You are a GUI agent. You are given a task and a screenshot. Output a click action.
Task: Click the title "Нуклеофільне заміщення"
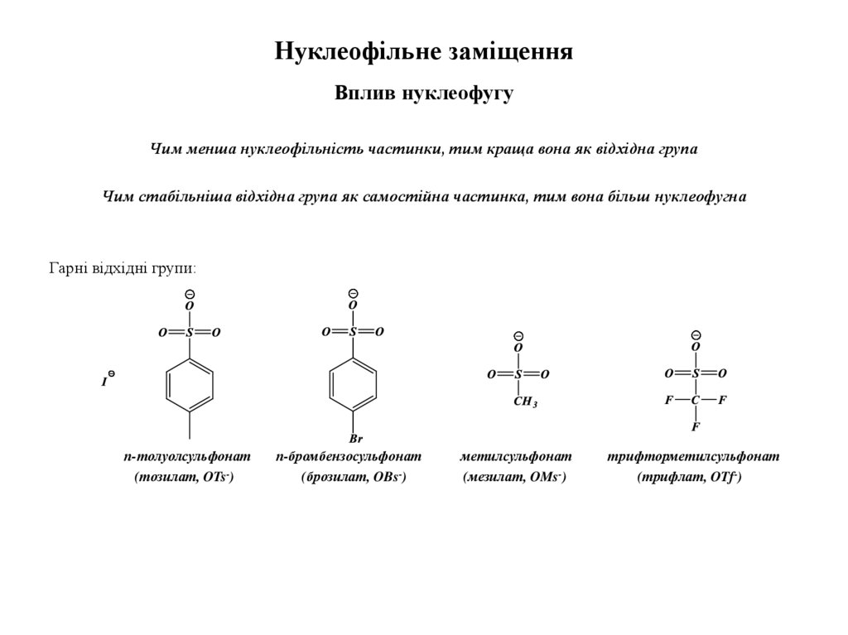[x=424, y=52]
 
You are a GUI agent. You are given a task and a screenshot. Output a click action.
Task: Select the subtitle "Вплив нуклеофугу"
[x=424, y=94]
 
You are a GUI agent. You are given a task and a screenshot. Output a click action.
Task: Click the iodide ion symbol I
[x=105, y=382]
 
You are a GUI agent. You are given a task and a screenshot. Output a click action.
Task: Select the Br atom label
[x=355, y=439]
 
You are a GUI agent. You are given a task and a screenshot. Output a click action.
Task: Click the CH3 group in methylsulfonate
[x=525, y=403]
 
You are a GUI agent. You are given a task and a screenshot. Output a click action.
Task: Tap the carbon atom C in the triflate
[x=696, y=401]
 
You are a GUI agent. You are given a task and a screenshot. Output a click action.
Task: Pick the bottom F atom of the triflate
[x=696, y=427]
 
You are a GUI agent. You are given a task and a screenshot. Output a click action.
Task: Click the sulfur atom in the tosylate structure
[x=190, y=333]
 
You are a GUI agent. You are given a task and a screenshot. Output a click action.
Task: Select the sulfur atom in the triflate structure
[x=696, y=374]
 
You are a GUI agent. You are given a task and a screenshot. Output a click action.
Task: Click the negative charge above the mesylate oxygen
[x=518, y=336]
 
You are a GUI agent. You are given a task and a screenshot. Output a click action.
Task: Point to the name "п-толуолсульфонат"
[x=187, y=456]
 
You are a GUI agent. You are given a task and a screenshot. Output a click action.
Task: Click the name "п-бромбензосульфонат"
[x=349, y=456]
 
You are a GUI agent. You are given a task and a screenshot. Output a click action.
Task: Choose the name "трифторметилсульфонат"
[x=693, y=456]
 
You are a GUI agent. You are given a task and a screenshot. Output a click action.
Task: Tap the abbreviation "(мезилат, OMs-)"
[x=514, y=477]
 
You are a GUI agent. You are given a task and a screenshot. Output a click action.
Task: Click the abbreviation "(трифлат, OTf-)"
[x=689, y=477]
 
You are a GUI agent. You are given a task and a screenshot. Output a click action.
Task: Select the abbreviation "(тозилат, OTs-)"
[x=184, y=477]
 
